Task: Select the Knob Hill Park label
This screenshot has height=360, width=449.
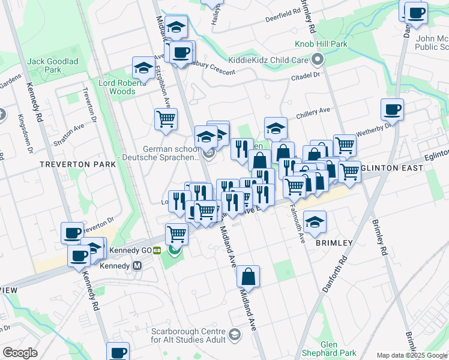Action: [321, 44]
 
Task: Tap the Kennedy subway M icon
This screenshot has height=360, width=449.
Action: [137, 265]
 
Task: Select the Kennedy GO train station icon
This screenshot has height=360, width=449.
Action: [157, 251]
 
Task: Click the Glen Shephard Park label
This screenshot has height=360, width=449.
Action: [338, 349]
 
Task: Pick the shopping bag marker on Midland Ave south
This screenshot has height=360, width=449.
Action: [248, 277]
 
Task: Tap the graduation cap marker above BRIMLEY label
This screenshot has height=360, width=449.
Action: [315, 221]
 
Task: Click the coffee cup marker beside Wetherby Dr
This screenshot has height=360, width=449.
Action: [392, 109]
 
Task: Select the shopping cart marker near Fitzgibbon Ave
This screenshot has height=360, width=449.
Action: [166, 118]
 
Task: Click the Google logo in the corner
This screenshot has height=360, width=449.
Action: [20, 353]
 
